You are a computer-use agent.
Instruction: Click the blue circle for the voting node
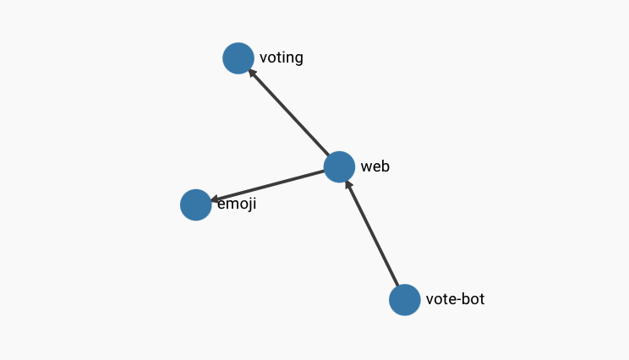point(238,58)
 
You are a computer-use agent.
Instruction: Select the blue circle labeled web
point(339,167)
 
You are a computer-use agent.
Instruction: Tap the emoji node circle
point(196,205)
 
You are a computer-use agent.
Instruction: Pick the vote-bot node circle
point(405,300)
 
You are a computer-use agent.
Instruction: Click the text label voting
point(282,58)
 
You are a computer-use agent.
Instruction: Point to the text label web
point(375,166)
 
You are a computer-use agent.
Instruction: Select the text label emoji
point(237,204)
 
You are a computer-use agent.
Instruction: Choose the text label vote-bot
point(456,299)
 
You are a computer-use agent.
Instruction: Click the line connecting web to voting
point(289,112)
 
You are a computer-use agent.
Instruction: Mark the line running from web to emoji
point(267,186)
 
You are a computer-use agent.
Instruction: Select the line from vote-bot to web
point(372,233)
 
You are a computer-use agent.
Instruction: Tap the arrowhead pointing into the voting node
point(252,73)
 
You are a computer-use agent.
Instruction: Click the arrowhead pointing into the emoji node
point(215,199)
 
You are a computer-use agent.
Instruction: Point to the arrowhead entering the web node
point(348,185)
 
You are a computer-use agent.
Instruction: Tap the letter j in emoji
point(249,205)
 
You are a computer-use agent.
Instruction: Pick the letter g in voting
point(298,60)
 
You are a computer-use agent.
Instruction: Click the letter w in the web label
point(366,166)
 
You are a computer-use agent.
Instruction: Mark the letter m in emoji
point(232,205)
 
